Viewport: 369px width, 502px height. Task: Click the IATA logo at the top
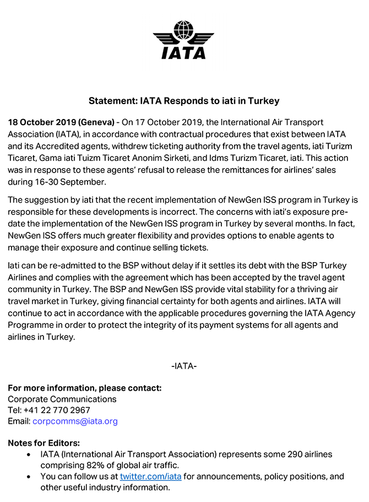184,39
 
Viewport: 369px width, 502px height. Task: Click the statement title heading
184,101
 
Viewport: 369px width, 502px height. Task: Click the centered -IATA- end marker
184,366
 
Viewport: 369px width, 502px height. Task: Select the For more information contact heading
84,387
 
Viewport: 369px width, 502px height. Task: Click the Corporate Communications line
62,399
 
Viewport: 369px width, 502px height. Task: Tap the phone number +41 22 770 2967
57,410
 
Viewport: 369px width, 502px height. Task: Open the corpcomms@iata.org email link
75,422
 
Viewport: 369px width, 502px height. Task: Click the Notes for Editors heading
44,443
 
